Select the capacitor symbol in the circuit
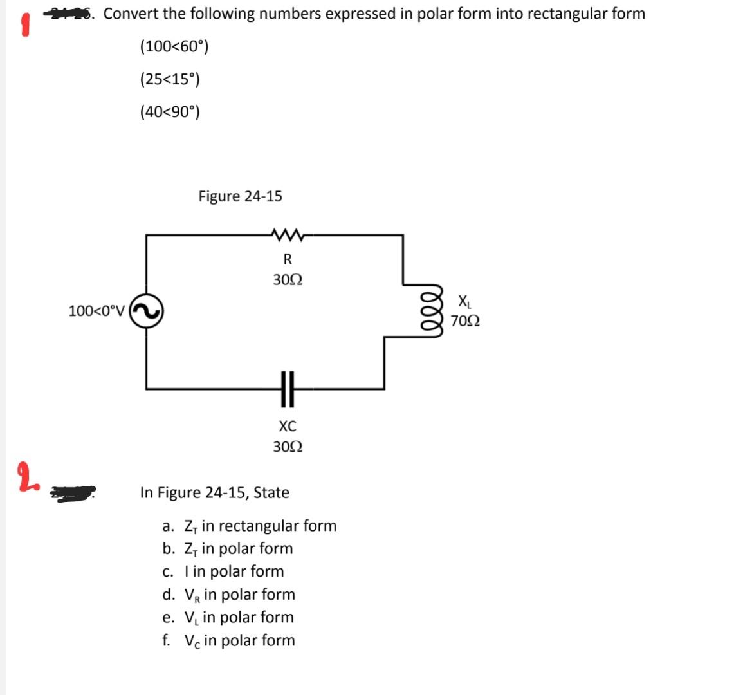pos(287,389)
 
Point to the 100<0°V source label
pos(98,311)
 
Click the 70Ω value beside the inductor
pos(464,320)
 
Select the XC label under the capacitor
pos(288,426)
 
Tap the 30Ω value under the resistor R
pos(288,281)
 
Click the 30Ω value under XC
pos(288,447)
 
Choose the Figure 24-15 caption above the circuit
pos(240,196)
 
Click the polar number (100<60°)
pos(174,46)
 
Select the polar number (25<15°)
pos(170,79)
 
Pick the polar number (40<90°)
pos(170,112)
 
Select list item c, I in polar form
pos(223,571)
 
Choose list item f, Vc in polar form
pos(229,640)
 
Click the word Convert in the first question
pos(130,14)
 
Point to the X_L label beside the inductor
pos(464,301)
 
